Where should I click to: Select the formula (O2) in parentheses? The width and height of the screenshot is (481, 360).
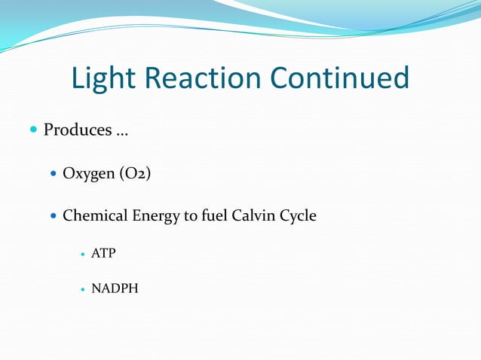(136, 174)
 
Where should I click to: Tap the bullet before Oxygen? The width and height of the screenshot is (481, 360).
(52, 174)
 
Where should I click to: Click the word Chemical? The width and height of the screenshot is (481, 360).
(95, 216)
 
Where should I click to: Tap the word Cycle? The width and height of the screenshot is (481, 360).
(299, 217)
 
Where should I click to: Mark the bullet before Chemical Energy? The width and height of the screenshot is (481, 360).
(52, 216)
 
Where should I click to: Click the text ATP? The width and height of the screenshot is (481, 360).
(103, 253)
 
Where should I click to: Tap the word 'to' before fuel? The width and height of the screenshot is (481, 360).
(191, 216)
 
